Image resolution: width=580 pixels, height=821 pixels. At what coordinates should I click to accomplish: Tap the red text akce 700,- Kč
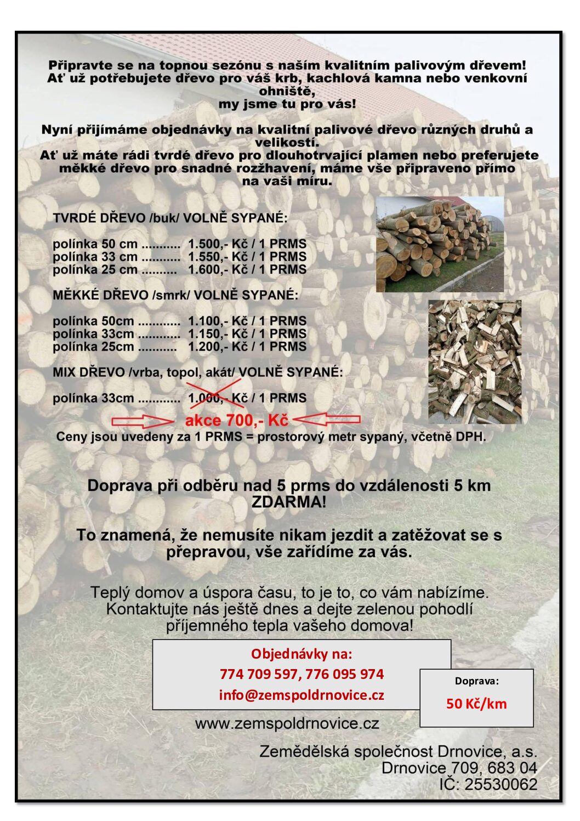tap(236, 421)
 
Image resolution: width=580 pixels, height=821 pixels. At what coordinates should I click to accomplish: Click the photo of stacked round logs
tap(440, 244)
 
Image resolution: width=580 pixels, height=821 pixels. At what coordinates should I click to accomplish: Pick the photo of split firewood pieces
tap(474, 361)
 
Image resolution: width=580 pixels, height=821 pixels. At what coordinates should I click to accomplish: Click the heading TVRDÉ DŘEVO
tap(100, 218)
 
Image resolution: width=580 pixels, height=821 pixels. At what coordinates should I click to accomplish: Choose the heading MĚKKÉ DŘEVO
tap(101, 295)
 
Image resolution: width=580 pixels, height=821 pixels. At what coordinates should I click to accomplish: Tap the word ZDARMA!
tap(289, 502)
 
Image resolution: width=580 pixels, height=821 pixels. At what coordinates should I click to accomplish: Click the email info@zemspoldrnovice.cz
tap(302, 695)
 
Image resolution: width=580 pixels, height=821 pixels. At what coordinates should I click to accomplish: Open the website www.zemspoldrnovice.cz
tap(287, 723)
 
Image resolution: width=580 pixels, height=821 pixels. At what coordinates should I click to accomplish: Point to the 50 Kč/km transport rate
tap(476, 704)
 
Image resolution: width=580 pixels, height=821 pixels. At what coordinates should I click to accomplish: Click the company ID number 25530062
tap(501, 784)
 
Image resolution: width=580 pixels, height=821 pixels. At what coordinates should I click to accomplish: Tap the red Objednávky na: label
tap(302, 654)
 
